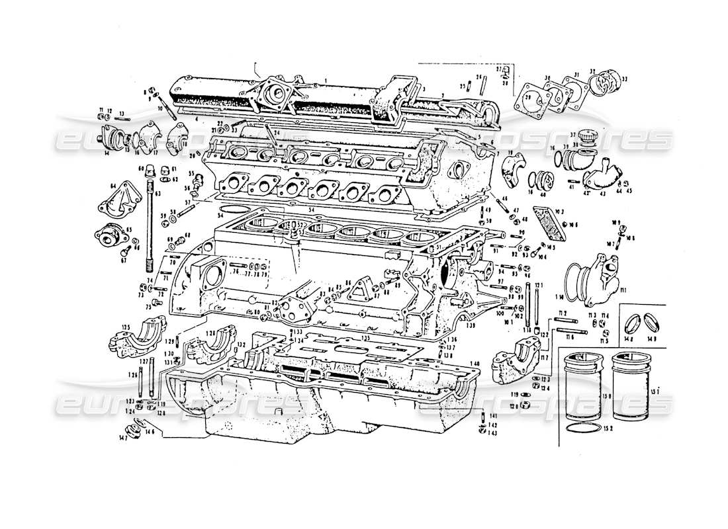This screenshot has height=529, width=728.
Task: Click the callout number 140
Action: (472, 364)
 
